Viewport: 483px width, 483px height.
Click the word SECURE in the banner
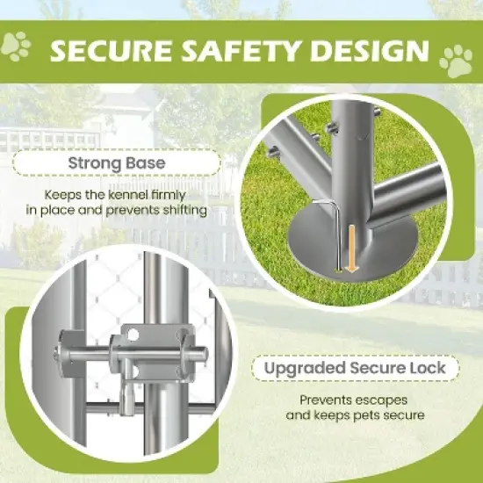coord(111,51)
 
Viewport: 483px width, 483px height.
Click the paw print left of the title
coord(16,47)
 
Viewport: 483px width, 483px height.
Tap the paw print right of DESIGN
coord(456,61)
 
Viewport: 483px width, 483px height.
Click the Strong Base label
coord(117,162)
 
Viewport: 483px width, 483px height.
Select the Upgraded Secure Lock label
coord(355,368)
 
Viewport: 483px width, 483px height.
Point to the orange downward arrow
coord(351,249)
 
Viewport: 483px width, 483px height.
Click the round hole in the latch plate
coord(133,335)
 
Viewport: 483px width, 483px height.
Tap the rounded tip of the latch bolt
coord(204,355)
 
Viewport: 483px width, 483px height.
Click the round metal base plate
coord(352,243)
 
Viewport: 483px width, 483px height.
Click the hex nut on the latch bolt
coord(57,355)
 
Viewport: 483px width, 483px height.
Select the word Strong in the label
coord(94,163)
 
